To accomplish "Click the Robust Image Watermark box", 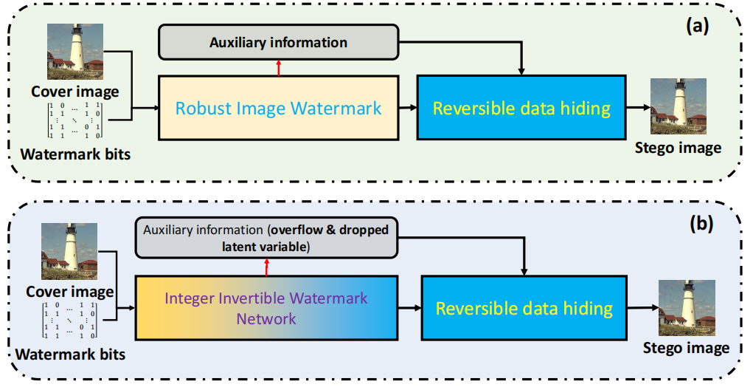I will (x=278, y=108).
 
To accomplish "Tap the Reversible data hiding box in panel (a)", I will (x=521, y=108).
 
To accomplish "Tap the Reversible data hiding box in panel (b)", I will (x=524, y=307).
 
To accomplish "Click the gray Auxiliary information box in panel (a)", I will (x=278, y=42).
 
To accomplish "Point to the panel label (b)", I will (x=700, y=223).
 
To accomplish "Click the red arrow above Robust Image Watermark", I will (x=278, y=67).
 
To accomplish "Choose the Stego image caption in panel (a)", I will (x=678, y=148).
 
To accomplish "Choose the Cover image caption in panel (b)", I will (x=69, y=292).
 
